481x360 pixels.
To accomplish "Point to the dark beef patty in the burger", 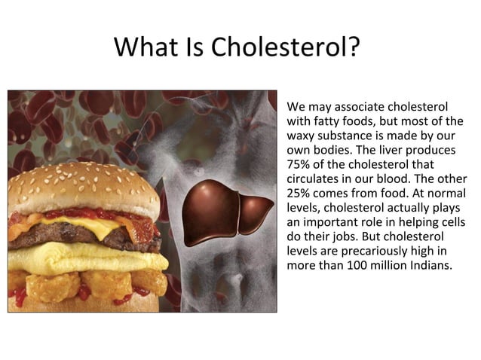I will pyautogui.click(x=83, y=238).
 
